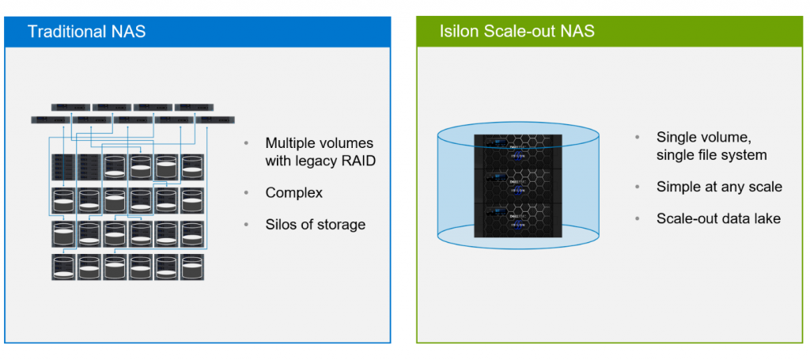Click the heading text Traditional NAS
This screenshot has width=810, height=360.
[86, 32]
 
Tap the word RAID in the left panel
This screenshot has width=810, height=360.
[354, 161]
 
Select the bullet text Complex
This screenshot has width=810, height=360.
[293, 192]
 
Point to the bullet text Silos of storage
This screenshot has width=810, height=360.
[315, 225]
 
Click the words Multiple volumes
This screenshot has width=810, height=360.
[319, 143]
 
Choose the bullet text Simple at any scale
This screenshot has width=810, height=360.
[719, 187]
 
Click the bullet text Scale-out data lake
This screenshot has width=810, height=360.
[718, 218]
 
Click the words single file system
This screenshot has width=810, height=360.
[711, 155]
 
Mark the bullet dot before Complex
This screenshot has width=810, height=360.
[247, 193]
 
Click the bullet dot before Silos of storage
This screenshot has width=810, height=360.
[247, 225]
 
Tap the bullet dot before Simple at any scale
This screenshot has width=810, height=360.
[638, 188]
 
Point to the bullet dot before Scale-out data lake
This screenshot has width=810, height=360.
[638, 219]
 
